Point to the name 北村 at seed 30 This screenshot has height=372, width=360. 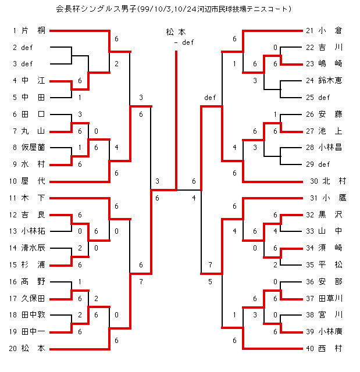point(336,181)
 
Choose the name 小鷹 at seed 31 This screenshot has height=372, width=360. point(336,198)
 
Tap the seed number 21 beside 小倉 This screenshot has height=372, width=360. point(309,30)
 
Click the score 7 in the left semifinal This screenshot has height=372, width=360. point(141,281)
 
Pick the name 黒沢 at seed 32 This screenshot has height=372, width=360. point(330,214)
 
